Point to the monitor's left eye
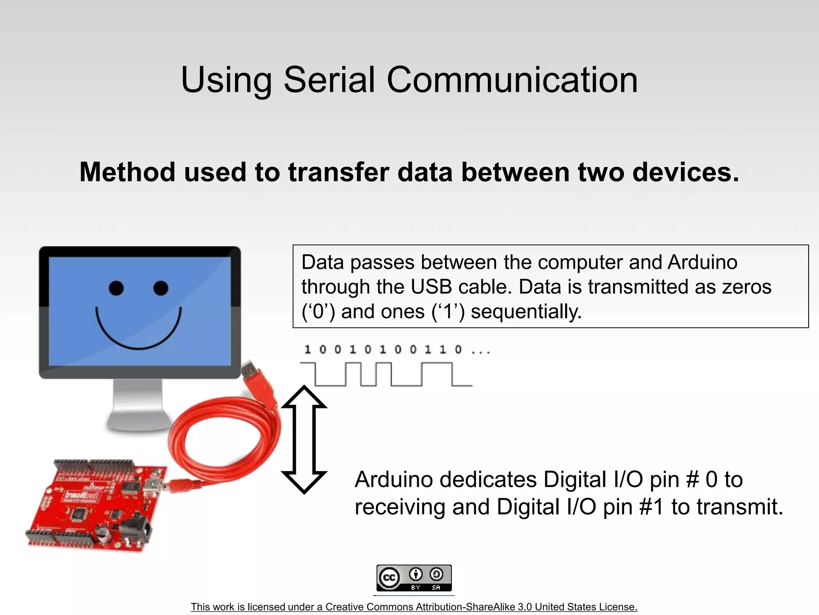116,288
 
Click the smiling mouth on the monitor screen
138,334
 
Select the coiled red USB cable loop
224,436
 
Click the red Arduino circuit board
92,506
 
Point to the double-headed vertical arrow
304,440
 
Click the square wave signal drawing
386,374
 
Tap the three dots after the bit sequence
481,351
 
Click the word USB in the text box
431,287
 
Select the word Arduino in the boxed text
702,262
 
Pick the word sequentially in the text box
526,312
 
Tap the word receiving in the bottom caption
400,507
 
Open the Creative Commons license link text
414,607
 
